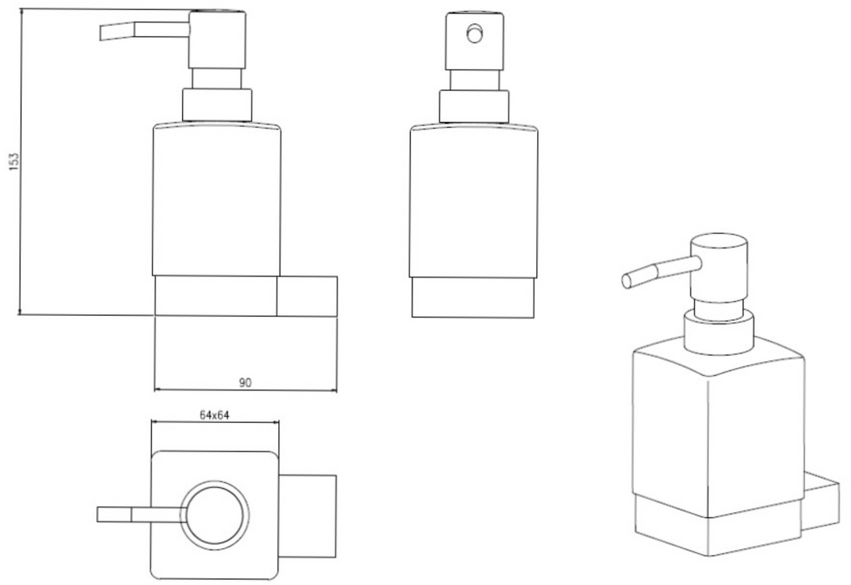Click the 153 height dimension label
click(x=14, y=161)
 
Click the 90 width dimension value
click(x=246, y=383)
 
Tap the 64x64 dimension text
click(x=215, y=415)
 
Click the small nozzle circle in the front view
click(x=474, y=34)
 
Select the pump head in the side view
click(x=217, y=39)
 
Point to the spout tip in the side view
click(x=101, y=33)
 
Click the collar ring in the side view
click(x=217, y=104)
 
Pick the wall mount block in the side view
click(x=306, y=296)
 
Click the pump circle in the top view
click(x=215, y=515)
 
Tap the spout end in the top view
click(x=99, y=515)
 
